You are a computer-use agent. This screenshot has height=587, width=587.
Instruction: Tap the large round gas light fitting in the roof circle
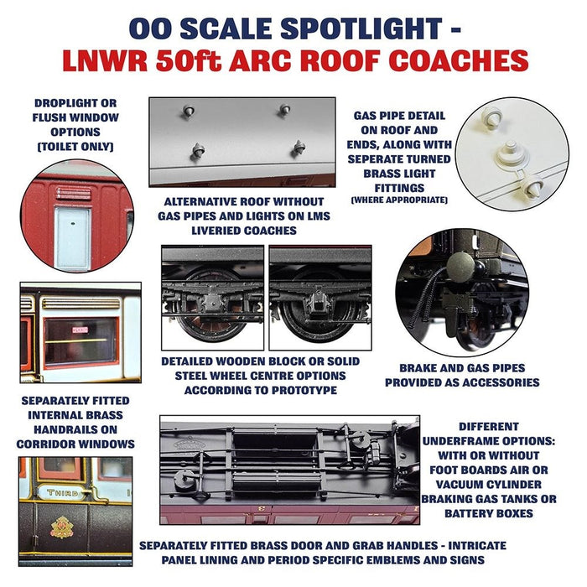point(510,153)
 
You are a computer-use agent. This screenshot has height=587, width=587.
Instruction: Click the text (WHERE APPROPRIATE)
point(399,200)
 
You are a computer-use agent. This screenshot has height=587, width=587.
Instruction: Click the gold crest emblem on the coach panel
point(62,527)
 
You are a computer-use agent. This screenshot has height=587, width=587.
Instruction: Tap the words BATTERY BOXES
point(501,513)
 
